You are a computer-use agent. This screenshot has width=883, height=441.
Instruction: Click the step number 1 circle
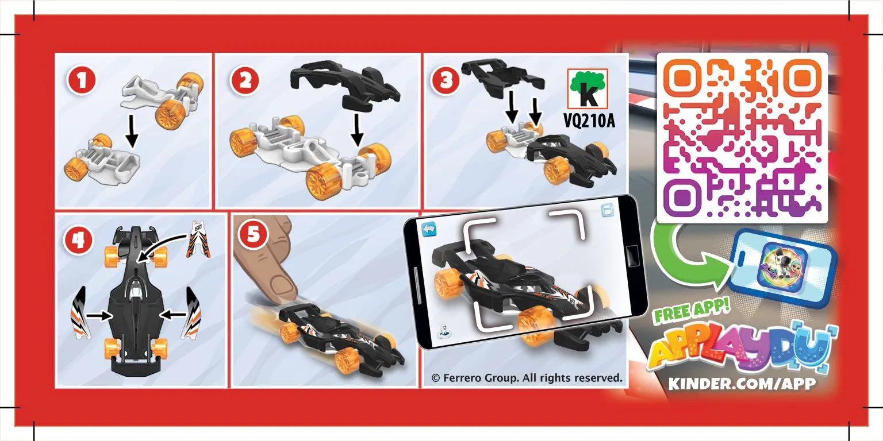[82, 81]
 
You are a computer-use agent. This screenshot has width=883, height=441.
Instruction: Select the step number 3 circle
[446, 81]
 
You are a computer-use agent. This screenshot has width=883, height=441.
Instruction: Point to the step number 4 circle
[78, 241]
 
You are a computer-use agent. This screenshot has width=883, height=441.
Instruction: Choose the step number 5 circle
[253, 235]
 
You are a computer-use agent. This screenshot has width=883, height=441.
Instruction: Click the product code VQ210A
[589, 121]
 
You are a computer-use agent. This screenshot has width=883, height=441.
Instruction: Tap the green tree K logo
[588, 88]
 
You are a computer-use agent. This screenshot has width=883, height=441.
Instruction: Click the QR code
[742, 138]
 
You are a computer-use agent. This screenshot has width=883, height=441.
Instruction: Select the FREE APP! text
[692, 311]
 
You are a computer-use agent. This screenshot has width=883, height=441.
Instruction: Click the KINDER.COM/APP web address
[742, 384]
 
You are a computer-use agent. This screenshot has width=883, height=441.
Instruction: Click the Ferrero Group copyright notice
[527, 378]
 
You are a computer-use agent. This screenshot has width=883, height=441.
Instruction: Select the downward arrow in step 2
[357, 130]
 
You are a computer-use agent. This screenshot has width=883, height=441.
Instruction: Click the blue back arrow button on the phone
[429, 229]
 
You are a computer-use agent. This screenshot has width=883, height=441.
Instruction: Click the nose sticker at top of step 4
[198, 239]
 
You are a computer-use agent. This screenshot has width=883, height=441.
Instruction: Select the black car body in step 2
[345, 85]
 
